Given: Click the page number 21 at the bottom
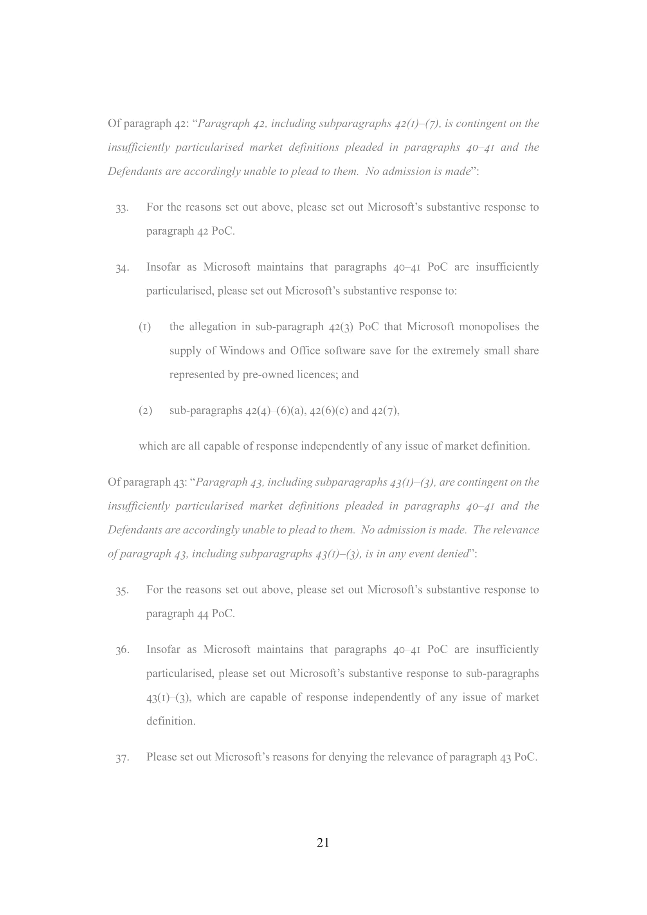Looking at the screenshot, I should click(x=323, y=843).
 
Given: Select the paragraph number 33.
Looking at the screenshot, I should click(x=122, y=209).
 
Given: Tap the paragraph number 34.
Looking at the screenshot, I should click(x=122, y=268).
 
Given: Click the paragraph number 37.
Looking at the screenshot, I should click(x=122, y=758).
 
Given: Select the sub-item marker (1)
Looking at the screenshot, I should click(x=145, y=327).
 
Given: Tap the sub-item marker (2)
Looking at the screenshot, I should click(x=145, y=411).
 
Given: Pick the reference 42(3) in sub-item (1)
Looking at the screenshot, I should click(x=341, y=327).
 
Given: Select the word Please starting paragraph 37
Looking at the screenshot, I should click(x=161, y=757).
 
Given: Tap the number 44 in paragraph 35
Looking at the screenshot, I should click(x=203, y=614).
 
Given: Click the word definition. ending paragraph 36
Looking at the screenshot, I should click(x=171, y=721).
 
